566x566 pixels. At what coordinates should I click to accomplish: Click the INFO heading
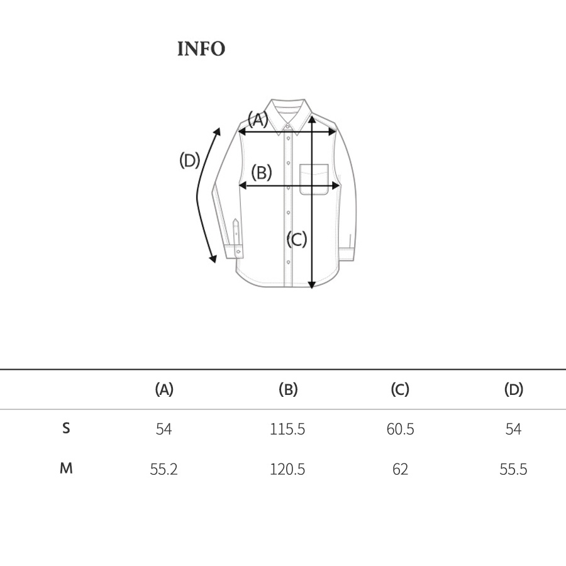201,48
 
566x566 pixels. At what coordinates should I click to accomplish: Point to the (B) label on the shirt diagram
262,172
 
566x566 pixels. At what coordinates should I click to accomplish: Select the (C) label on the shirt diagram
297,240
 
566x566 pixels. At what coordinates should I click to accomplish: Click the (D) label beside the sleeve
190,160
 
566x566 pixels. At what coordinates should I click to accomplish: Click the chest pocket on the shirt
314,179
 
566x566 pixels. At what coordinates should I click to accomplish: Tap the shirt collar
287,116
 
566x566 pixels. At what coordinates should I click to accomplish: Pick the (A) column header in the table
164,389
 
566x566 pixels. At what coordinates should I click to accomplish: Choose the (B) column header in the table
288,389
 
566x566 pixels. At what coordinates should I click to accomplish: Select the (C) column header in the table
400,389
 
